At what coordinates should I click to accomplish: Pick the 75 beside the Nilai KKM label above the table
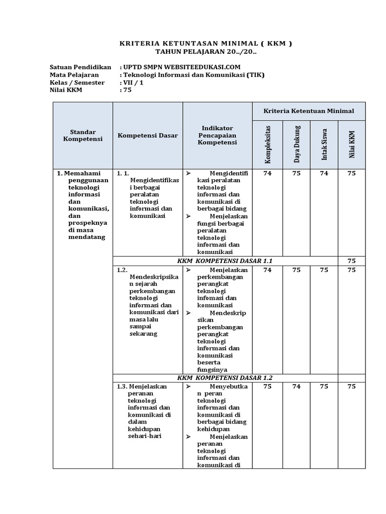(x=127, y=90)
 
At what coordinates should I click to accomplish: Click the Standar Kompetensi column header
(x=83, y=135)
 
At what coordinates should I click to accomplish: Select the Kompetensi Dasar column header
(x=147, y=136)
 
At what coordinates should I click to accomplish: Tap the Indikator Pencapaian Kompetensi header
(x=217, y=136)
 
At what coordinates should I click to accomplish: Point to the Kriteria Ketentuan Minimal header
(x=309, y=110)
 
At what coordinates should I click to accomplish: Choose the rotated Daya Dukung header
(x=297, y=144)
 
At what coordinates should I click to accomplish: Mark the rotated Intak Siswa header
(x=324, y=145)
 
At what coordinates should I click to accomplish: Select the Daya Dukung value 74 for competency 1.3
(x=297, y=387)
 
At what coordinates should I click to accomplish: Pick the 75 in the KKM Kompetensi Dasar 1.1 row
(x=351, y=261)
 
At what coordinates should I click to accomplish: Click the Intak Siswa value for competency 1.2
(x=324, y=270)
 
